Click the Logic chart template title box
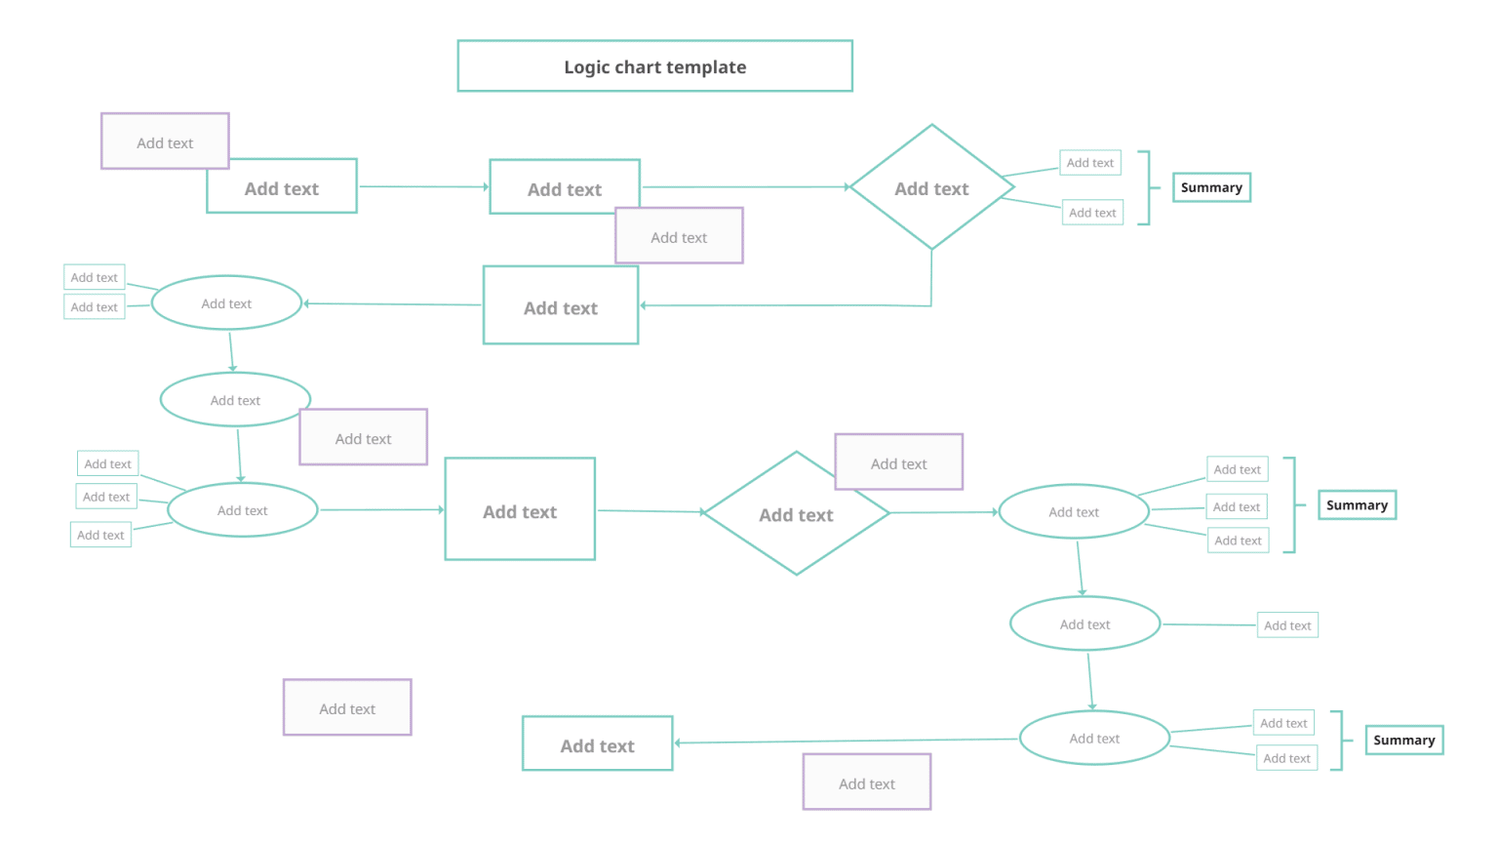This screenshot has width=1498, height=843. pyautogui.click(x=654, y=66)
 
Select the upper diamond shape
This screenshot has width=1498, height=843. pyautogui.click(x=931, y=187)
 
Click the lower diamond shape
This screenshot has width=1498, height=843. pyautogui.click(x=796, y=514)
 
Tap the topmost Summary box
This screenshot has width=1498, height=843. pyautogui.click(x=1211, y=187)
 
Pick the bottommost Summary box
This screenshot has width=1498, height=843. pyautogui.click(x=1403, y=741)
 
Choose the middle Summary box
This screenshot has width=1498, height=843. pyautogui.click(x=1357, y=505)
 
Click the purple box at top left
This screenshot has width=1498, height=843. pyautogui.click(x=165, y=141)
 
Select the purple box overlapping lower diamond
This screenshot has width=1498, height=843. pyautogui.click(x=899, y=462)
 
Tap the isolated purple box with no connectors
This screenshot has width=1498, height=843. pyautogui.click(x=347, y=708)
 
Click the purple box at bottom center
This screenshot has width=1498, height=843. pyautogui.click(x=867, y=783)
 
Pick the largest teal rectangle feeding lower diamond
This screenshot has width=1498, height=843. pyautogui.click(x=520, y=510)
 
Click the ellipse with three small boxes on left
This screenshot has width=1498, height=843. pyautogui.click(x=243, y=510)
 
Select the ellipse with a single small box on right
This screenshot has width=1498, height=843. pyautogui.click(x=1084, y=624)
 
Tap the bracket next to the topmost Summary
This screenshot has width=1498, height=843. pyautogui.click(x=1148, y=187)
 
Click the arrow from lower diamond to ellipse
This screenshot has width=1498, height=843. pyautogui.click(x=942, y=512)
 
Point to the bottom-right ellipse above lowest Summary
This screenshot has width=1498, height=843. pyautogui.click(x=1094, y=739)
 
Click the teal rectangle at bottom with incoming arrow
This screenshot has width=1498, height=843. pyautogui.click(x=597, y=744)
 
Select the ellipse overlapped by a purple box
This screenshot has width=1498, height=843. pyautogui.click(x=234, y=400)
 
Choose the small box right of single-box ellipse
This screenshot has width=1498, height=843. pyautogui.click(x=1287, y=625)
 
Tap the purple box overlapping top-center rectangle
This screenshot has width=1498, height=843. pyautogui.click(x=680, y=237)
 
